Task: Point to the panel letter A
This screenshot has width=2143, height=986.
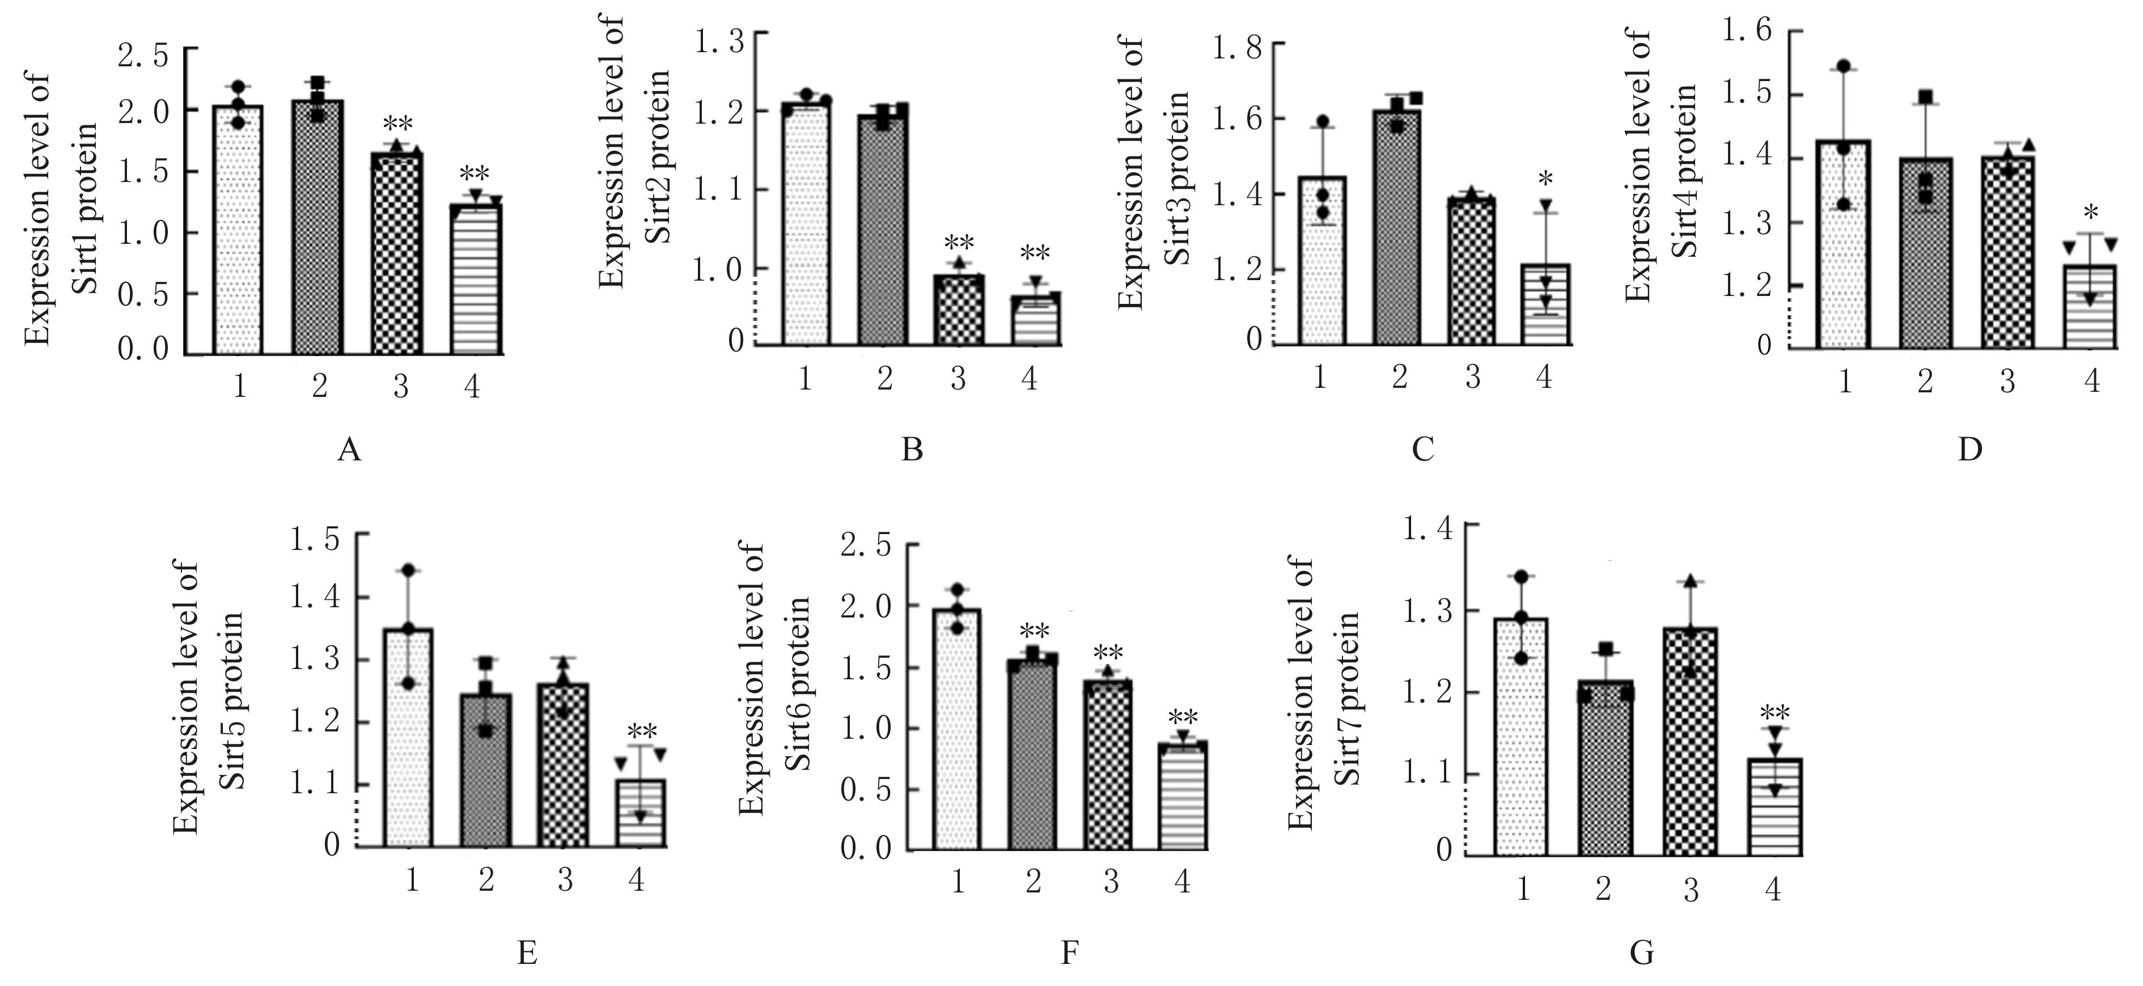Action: pos(349,450)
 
